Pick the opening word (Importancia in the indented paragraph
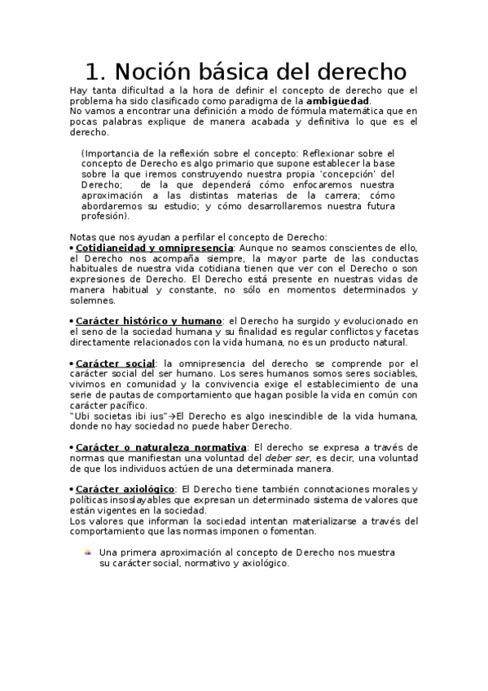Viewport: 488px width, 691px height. coord(109,153)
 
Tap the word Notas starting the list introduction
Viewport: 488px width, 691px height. coord(83,237)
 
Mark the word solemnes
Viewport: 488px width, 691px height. coord(94,301)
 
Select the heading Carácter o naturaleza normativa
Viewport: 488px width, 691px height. coord(160,447)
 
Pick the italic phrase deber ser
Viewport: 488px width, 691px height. coord(288,458)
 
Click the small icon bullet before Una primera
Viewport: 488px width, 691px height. coord(88,552)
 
